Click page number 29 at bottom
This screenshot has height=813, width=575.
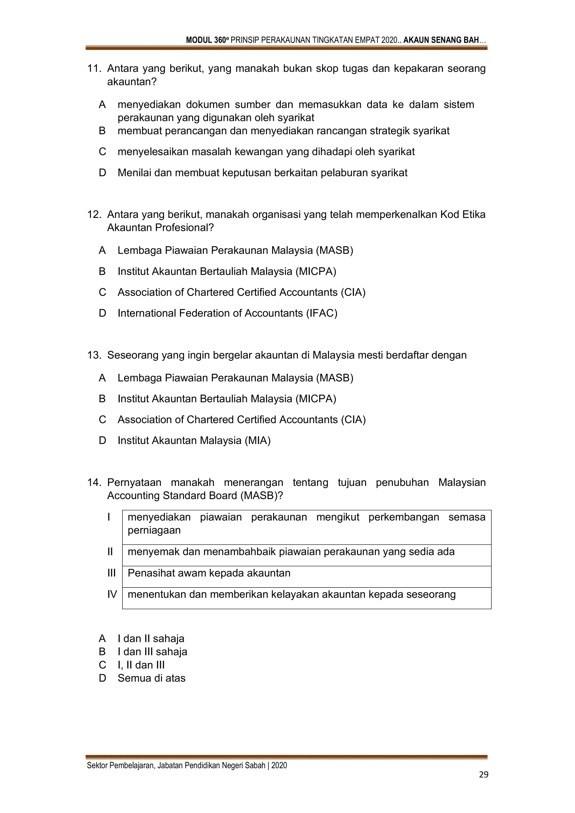coord(483,775)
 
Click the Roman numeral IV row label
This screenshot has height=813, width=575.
coord(112,595)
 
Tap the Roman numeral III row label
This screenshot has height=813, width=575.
coord(111,573)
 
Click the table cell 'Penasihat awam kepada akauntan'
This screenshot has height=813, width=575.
coord(209,573)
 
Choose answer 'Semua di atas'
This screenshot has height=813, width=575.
coord(152,678)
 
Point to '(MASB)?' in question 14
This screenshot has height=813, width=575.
coord(262,496)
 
